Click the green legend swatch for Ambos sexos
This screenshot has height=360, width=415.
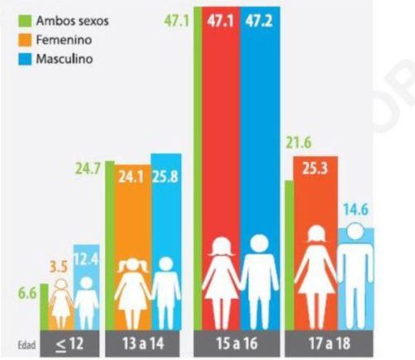(x=25, y=21)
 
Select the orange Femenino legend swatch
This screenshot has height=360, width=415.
(x=25, y=40)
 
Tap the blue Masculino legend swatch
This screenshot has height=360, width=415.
(x=25, y=59)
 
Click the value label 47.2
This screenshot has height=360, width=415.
(x=259, y=21)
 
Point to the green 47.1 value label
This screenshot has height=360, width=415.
(x=177, y=21)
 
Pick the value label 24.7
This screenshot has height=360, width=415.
(x=88, y=169)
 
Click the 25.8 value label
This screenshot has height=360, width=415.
(x=165, y=176)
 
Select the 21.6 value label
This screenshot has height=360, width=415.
(x=298, y=143)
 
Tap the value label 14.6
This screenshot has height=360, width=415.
(x=355, y=209)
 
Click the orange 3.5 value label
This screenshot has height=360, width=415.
(x=59, y=267)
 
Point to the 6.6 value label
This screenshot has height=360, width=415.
(x=27, y=293)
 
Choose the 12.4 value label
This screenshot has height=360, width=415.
(x=87, y=260)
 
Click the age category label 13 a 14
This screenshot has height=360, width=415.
(x=143, y=343)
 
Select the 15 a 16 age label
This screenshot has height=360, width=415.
(x=236, y=343)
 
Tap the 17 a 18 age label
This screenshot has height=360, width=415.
(x=329, y=343)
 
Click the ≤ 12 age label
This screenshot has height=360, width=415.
(x=69, y=344)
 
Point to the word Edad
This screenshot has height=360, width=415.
(x=26, y=345)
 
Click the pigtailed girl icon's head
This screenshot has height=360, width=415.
(x=133, y=266)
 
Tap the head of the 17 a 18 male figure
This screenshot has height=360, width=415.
(x=355, y=231)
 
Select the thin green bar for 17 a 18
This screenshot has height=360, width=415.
(x=289, y=255)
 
